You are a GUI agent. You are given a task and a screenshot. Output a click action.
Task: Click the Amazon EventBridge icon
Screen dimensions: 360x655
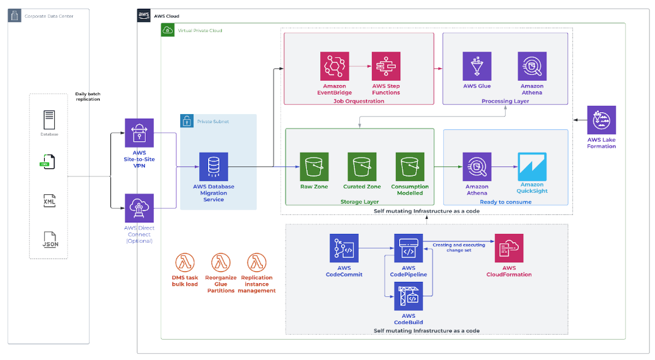click(x=335, y=66)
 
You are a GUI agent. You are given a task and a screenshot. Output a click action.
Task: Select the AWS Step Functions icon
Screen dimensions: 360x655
click(x=386, y=66)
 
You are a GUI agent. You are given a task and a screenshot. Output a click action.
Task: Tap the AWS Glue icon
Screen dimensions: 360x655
click(x=477, y=66)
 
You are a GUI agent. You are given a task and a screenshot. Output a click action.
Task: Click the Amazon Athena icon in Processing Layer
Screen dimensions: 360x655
click(x=532, y=66)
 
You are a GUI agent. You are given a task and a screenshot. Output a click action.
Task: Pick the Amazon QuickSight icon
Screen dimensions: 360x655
click(x=531, y=166)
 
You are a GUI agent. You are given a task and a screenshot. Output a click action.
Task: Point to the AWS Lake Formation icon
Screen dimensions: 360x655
click(x=601, y=120)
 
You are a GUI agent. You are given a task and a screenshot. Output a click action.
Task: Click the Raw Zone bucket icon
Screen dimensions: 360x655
click(x=314, y=166)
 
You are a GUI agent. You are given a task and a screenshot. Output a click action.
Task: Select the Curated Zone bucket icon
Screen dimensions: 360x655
click(x=362, y=166)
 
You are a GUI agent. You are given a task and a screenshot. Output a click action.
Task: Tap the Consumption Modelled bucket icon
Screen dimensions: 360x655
click(x=410, y=166)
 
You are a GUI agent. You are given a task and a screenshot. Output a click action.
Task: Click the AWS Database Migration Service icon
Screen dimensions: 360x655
click(x=213, y=166)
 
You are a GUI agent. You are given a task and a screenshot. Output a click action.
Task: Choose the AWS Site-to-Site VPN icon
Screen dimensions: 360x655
click(x=139, y=133)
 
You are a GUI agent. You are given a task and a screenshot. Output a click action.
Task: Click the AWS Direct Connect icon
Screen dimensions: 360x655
click(x=139, y=208)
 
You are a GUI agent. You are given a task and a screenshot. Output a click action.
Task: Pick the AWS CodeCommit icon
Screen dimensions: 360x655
click(x=344, y=248)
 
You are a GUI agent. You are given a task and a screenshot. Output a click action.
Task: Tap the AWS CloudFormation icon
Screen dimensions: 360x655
click(x=509, y=248)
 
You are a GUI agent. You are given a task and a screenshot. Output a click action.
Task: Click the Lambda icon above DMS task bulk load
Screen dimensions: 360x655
click(x=185, y=262)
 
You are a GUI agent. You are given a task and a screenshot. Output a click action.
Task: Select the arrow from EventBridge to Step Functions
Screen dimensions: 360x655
click(x=361, y=66)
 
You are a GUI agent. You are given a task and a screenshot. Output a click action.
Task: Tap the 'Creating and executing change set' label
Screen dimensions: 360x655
click(x=458, y=247)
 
